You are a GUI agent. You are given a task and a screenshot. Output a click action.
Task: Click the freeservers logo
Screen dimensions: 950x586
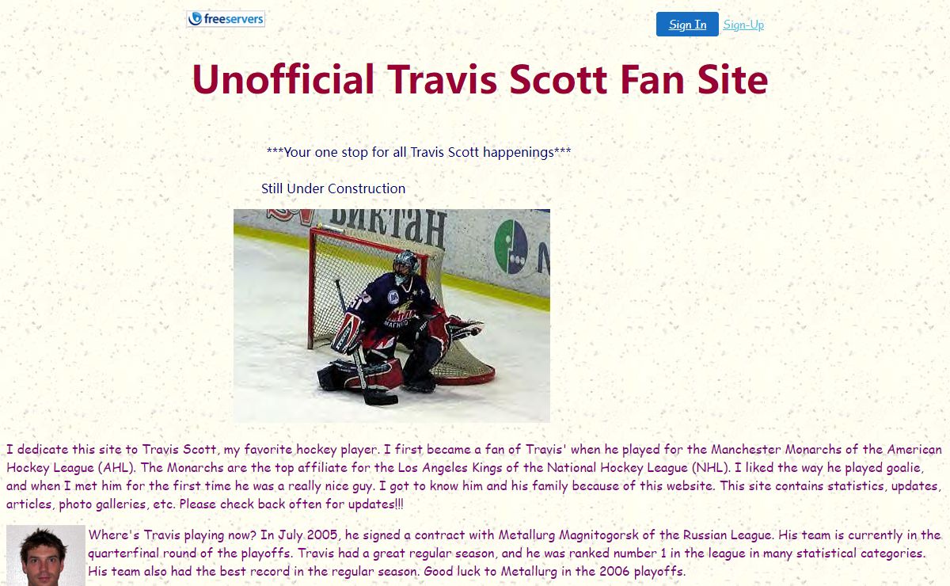coord(226,19)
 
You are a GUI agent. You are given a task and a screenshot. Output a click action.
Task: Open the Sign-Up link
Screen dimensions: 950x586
coord(743,25)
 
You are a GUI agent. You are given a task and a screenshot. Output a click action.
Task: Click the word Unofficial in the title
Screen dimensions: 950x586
coord(283,79)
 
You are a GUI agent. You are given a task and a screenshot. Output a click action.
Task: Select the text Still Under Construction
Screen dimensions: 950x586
coord(333,188)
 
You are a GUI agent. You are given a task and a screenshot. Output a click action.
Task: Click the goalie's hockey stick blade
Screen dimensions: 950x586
coord(380,399)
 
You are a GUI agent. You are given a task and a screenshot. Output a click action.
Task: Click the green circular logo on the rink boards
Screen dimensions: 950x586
coord(511,246)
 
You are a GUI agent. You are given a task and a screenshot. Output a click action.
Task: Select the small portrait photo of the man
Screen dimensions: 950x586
coord(46,555)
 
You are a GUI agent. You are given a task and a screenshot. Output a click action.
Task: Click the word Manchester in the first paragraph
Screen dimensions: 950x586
coord(746,449)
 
